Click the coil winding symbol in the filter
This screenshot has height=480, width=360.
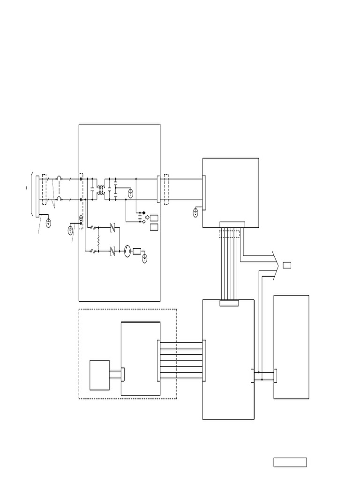100,190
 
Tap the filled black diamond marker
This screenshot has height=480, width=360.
143,213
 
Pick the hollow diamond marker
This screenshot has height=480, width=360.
143,221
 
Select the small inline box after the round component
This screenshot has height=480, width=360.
137,251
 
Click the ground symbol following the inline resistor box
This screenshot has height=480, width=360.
145,256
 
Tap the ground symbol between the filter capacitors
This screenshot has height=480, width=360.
131,193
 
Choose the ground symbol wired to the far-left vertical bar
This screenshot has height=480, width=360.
48,222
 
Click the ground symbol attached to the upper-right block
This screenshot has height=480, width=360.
195,213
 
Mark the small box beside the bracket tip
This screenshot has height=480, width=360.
287,266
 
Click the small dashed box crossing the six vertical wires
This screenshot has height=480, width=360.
229,234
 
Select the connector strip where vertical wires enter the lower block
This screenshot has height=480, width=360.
229,303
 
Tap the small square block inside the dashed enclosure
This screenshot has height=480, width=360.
99,375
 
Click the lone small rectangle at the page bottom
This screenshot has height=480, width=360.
290,462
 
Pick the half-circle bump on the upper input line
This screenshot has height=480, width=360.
59,179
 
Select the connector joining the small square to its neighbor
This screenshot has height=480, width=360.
123,375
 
